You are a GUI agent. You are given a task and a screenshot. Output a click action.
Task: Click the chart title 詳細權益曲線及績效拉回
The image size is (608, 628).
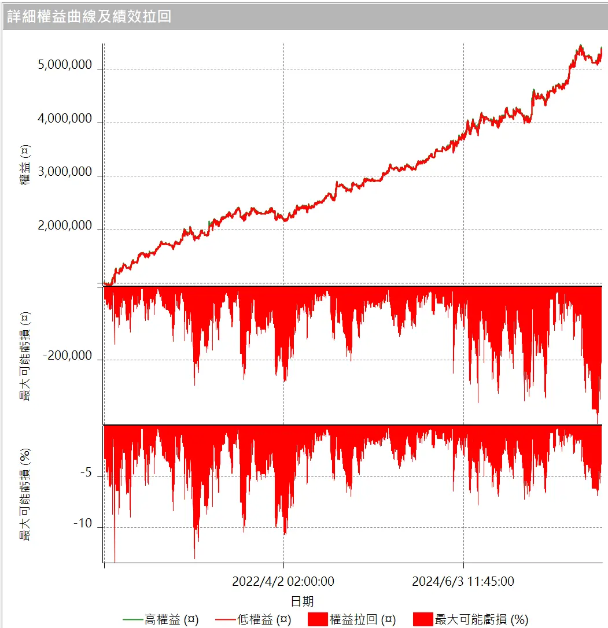coord(89,16)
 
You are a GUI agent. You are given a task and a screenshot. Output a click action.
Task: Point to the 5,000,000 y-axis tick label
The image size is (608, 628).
coord(65,65)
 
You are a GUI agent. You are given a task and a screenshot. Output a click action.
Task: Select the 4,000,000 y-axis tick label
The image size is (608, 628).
coord(65,119)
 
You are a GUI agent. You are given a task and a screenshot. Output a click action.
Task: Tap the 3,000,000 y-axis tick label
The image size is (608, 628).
coord(65,172)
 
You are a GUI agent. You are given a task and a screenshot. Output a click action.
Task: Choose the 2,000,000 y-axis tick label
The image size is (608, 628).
coord(65,226)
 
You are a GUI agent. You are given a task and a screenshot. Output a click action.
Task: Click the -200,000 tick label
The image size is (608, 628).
coord(67,356)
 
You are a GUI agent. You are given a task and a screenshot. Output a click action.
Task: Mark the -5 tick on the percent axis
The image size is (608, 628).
coord(85,473)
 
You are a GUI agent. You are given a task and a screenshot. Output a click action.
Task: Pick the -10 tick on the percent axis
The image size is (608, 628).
coord(83,524)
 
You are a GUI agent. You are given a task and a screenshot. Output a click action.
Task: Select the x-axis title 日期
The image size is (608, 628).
coord(303,601)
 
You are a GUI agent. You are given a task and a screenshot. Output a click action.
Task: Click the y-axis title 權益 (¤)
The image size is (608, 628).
coord(25,165)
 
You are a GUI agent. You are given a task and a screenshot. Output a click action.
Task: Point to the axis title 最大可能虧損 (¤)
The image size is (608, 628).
coord(25,356)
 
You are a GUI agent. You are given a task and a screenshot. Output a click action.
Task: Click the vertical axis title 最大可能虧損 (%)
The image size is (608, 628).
coord(25,495)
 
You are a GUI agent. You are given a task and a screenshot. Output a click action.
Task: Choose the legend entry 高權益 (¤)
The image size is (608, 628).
coord(171,619)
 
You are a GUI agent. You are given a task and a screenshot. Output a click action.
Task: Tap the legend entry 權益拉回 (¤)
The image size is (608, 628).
coord(362,619)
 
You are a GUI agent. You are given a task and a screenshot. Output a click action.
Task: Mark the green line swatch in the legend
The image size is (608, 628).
coord(132,620)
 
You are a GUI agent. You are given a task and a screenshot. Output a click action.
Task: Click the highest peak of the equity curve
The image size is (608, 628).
coord(580,45)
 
